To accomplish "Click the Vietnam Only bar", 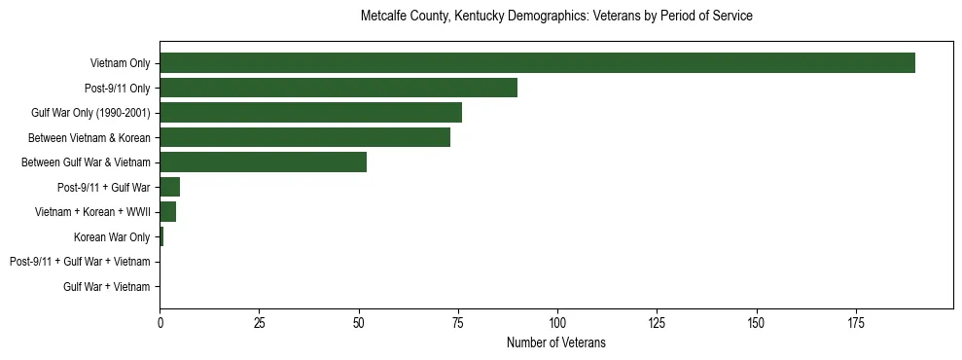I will [537, 63].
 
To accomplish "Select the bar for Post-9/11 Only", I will [338, 88].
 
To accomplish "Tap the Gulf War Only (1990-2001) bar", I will [310, 113].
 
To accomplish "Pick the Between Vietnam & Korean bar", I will [304, 137].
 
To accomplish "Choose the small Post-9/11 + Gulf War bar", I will [170, 187].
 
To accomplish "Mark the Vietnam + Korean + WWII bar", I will [168, 212].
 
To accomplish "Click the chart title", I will [556, 17].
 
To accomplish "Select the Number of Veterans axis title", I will [556, 342].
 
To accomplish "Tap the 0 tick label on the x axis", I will [160, 322].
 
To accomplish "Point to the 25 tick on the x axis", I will [260, 322].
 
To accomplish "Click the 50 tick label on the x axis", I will [359, 322].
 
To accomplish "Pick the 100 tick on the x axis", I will [557, 322].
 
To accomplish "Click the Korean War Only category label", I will [112, 237].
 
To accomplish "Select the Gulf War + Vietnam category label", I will [107, 287].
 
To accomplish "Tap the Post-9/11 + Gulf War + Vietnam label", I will [80, 262].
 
